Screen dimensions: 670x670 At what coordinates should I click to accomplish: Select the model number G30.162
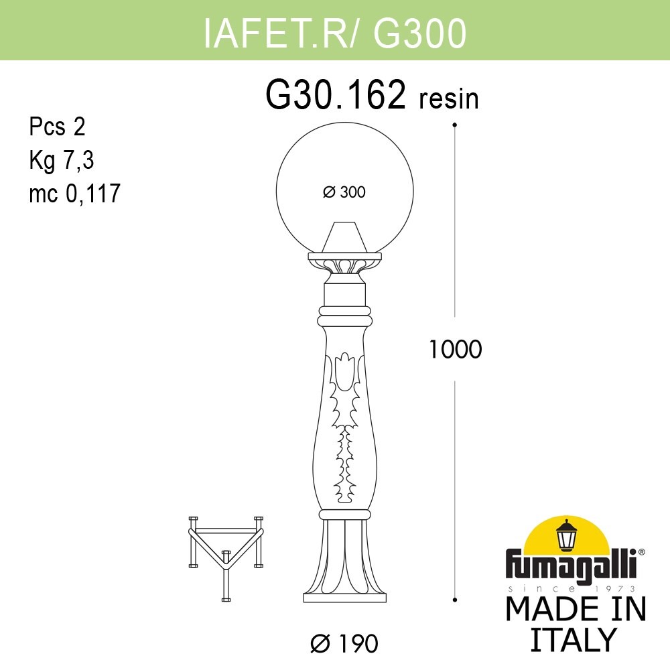coord(336,96)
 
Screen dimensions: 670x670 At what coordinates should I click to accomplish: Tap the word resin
coord(449,99)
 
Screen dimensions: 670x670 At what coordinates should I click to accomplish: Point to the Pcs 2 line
coord(58,126)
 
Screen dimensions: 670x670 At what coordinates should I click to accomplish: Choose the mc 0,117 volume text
coord(74,194)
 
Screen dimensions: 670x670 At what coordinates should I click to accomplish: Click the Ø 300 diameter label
coord(344,192)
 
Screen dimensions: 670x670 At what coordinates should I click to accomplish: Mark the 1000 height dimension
coord(456,349)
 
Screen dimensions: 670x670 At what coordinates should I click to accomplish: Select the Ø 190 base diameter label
coord(344,644)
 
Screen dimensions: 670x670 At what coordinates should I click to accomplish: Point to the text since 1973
coord(574,588)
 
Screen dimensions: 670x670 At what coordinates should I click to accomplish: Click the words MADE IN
coord(576,609)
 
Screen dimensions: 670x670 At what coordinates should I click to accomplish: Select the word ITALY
coord(573,639)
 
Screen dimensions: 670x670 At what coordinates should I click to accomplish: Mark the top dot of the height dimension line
coord(455,125)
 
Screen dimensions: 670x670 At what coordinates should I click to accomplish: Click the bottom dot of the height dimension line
coord(455,598)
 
